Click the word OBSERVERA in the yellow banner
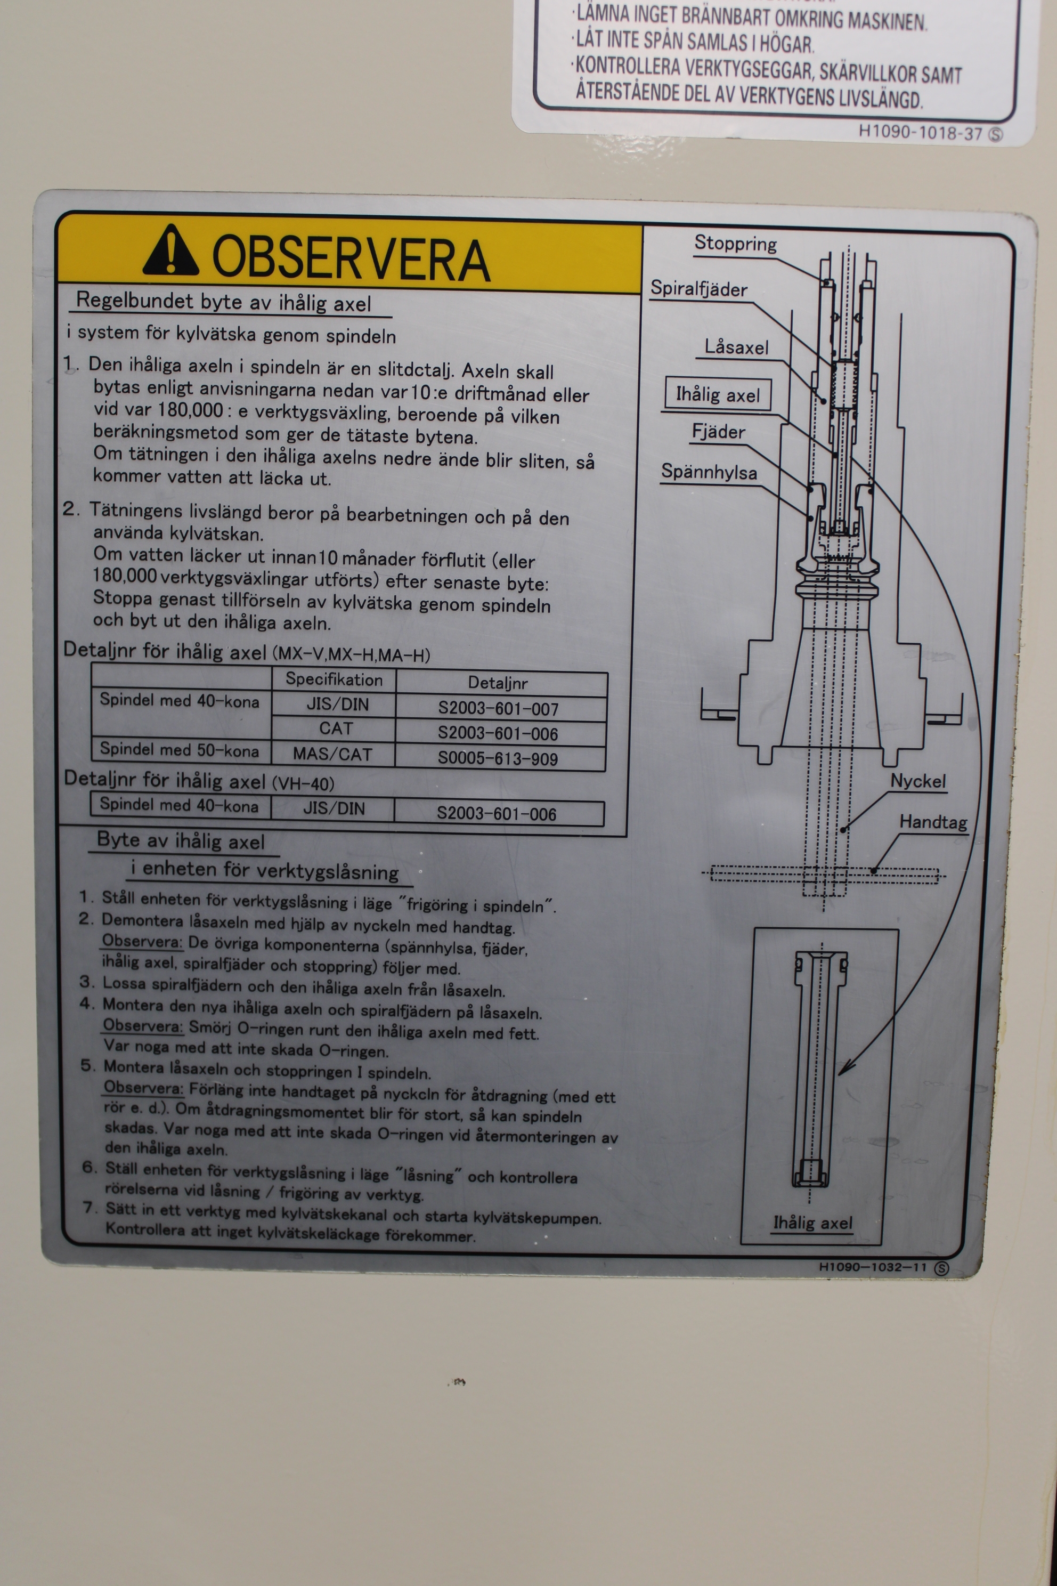351,258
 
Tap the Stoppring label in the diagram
735,244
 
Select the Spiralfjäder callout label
698,289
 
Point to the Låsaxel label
736,347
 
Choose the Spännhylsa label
709,471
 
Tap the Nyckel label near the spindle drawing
918,781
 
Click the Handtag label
933,822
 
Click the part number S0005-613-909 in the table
498,758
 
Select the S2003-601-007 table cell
498,709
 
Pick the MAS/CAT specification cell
332,754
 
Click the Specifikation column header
335,679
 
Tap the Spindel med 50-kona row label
180,750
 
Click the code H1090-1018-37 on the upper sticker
921,132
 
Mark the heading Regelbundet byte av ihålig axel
223,302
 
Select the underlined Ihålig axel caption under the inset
812,1223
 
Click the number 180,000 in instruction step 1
191,409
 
